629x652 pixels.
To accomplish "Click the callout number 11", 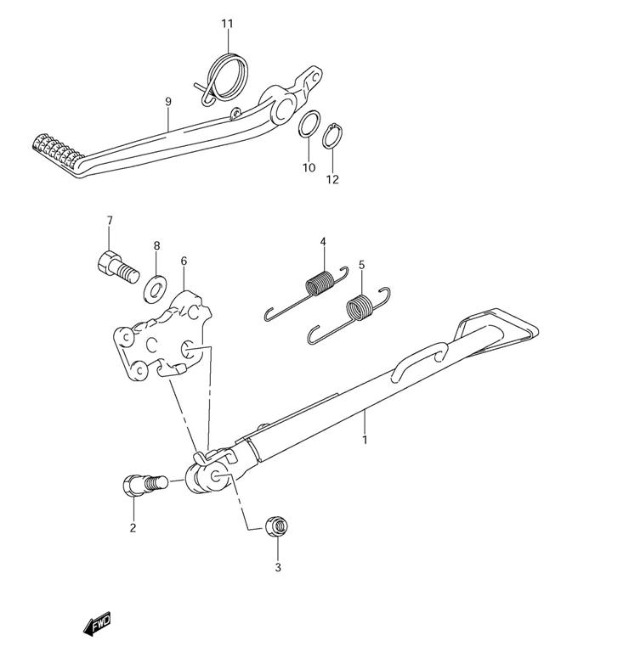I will click(x=227, y=23).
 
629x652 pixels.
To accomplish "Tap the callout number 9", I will click(x=168, y=101).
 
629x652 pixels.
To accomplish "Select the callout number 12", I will click(x=332, y=179).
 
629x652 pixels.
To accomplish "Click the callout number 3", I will click(x=277, y=567).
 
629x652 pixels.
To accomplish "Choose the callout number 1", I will click(x=365, y=440).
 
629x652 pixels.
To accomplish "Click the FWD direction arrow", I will click(x=97, y=626).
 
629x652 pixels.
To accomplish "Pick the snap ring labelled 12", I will click(x=333, y=135).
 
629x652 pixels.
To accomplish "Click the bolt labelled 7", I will click(x=115, y=265).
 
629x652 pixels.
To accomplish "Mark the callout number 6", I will click(x=184, y=261).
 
